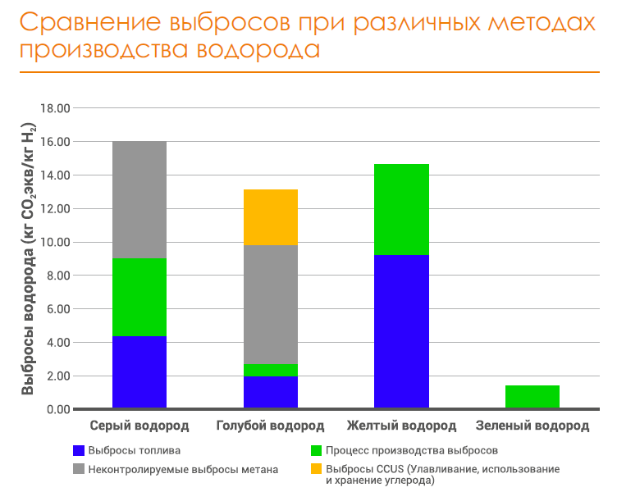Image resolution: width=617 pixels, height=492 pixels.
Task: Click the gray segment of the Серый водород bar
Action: pos(139,200)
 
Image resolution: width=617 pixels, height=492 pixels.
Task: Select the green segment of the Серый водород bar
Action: pos(139,298)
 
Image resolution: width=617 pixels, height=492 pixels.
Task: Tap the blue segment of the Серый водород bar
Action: pos(139,371)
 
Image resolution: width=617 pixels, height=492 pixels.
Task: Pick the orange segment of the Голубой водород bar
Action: pos(270,217)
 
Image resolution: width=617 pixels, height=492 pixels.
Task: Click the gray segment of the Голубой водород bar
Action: pos(270,304)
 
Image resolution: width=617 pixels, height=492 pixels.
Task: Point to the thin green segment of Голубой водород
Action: pos(270,371)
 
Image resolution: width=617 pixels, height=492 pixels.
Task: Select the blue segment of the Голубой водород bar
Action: pos(270,392)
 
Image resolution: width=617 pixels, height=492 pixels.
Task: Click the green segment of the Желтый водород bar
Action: pos(401,210)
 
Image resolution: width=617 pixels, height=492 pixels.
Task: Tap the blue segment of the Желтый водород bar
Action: pos(401,331)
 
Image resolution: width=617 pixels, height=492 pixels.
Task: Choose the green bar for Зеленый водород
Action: pos(532,397)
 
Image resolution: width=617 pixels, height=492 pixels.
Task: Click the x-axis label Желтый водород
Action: pos(401,426)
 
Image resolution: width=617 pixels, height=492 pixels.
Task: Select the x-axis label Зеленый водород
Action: pos(532,426)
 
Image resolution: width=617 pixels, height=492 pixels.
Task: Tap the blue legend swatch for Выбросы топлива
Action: pos(79,450)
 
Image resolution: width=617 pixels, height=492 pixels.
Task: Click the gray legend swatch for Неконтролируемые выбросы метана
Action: pos(79,469)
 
